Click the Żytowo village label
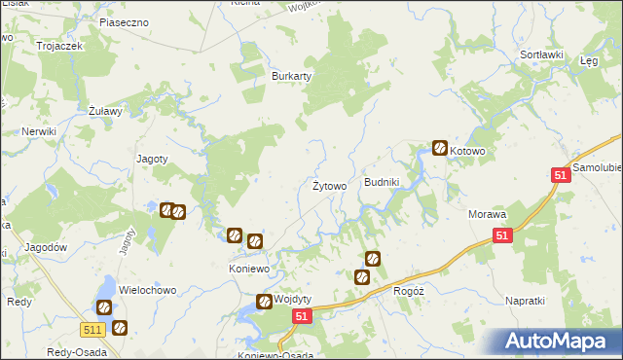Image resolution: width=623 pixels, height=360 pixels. [x=329, y=186]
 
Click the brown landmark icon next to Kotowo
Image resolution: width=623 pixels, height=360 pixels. [x=439, y=149]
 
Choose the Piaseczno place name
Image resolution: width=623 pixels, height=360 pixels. [x=124, y=20]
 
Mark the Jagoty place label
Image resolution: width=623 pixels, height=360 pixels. [x=153, y=159]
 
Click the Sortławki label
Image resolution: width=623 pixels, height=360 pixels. [x=542, y=54]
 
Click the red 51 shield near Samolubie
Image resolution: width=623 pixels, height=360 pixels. [x=560, y=174]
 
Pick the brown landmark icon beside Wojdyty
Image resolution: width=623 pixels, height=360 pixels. [x=263, y=302]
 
